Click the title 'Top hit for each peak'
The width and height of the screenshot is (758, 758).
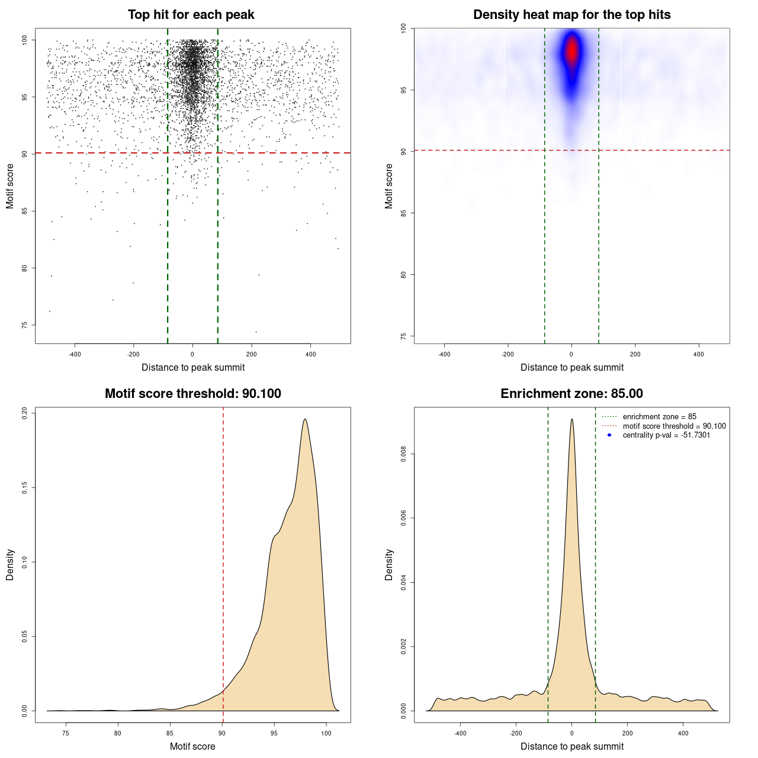point(191,15)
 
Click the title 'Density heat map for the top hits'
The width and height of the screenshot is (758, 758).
point(571,15)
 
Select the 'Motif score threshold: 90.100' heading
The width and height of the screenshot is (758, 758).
point(192,394)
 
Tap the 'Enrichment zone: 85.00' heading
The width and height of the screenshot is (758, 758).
point(571,394)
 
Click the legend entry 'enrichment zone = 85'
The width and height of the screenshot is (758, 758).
point(659,417)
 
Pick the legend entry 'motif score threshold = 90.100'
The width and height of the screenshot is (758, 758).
point(674,426)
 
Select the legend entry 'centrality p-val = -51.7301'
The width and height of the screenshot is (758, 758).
point(666,435)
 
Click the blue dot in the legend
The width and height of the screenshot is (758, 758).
point(609,435)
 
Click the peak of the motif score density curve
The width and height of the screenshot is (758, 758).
point(305,419)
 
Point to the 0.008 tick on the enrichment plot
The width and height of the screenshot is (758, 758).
point(403,454)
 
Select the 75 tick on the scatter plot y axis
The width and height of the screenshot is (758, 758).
point(24,325)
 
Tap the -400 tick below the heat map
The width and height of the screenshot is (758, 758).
point(444,355)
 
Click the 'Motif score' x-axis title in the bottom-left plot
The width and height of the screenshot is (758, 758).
point(192,746)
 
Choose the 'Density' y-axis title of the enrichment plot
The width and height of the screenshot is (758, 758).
point(389,564)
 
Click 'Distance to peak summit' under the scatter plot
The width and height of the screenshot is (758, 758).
point(193,367)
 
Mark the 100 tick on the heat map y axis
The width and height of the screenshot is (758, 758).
point(403,28)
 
